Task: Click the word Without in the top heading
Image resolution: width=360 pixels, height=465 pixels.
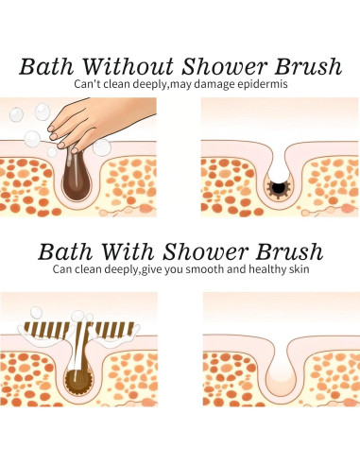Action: click(116, 66)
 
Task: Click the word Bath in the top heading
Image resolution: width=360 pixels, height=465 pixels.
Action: click(46, 66)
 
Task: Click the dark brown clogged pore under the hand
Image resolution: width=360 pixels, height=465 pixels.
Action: click(73, 180)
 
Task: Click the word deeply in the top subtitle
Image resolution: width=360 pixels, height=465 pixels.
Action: click(143, 85)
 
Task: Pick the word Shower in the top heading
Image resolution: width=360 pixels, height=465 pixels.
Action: click(219, 66)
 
